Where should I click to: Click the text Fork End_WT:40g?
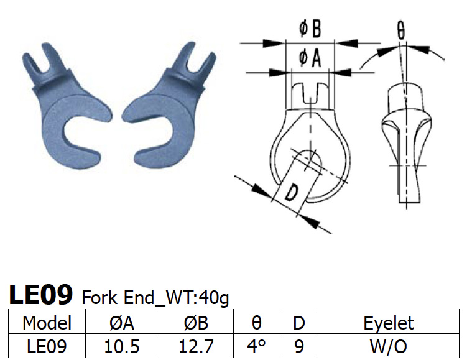pyautogui.click(x=155, y=297)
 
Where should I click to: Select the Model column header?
pyautogui.click(x=47, y=323)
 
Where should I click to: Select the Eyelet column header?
pyautogui.click(x=389, y=323)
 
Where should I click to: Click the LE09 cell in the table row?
pyautogui.click(x=47, y=346)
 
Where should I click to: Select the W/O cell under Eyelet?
pyautogui.click(x=389, y=346)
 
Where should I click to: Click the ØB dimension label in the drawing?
pyautogui.click(x=310, y=30)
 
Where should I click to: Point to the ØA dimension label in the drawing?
pyautogui.click(x=310, y=58)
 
